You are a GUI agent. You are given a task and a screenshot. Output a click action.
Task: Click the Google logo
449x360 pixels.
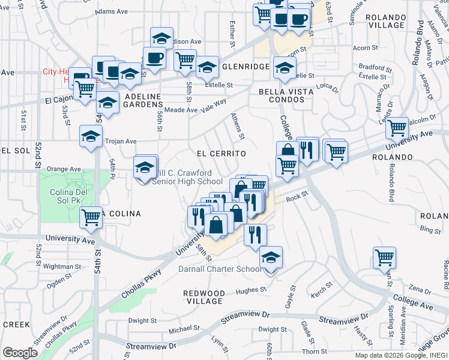20,353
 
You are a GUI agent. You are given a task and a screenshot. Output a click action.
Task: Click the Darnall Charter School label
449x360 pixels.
220,269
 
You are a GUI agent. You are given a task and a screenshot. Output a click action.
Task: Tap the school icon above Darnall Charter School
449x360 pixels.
271,259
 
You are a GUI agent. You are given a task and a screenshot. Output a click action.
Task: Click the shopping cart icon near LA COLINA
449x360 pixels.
91,217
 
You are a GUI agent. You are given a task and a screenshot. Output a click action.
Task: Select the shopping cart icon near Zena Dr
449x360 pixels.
384,257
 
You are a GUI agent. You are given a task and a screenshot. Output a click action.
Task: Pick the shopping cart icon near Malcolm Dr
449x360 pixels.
397,127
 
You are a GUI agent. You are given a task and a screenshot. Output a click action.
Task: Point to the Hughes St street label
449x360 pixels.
250,290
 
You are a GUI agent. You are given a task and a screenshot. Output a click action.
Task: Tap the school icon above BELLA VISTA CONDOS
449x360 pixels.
285,67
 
